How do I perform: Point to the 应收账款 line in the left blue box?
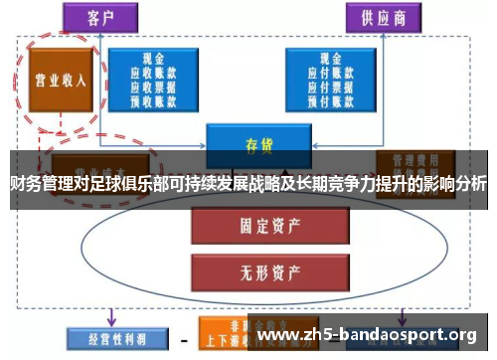pyautogui.click(x=153, y=72)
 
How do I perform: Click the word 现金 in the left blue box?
pyautogui.click(x=153, y=59)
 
